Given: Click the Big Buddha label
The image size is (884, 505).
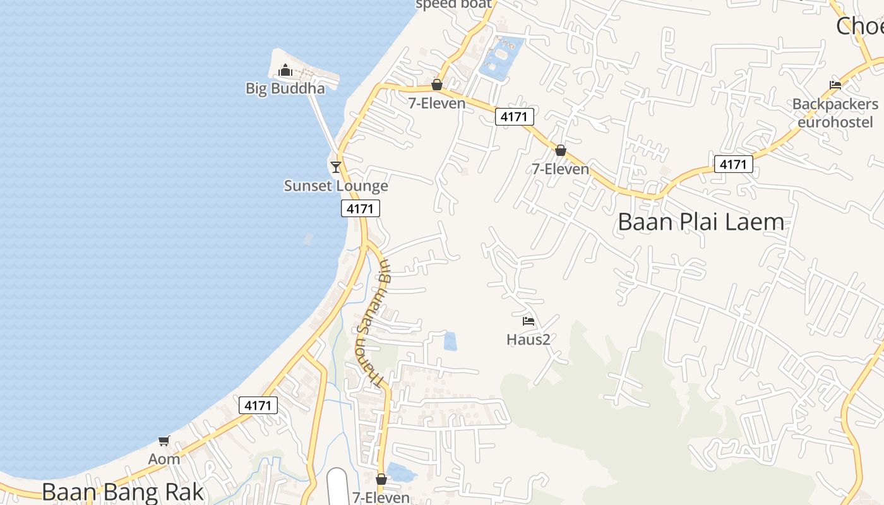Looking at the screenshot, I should tap(285, 88).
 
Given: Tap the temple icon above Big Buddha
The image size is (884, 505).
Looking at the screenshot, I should tap(285, 70).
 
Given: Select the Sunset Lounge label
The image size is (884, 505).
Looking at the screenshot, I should tap(336, 186).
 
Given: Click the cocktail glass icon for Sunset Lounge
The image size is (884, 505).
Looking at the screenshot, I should tap(336, 167).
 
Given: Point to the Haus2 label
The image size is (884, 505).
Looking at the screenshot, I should tap(529, 340).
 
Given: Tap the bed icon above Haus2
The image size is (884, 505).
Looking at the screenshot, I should tap(529, 321).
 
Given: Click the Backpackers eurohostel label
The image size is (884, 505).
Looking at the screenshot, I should tap(835, 112).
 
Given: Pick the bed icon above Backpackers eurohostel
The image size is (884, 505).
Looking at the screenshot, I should tap(835, 85).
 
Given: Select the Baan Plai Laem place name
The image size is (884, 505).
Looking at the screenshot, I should tap(701, 222).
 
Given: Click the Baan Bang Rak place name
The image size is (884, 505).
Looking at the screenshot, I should tap(123, 492).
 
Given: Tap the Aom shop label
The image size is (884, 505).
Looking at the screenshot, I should tap(164, 459).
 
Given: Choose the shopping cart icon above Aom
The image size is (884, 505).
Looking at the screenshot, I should tap(164, 441).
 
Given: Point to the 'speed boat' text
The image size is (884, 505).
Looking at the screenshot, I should tap(453, 4).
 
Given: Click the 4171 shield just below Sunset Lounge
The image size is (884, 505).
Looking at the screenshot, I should tap(361, 208).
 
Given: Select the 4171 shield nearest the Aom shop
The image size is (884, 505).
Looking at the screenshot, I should tap(258, 405).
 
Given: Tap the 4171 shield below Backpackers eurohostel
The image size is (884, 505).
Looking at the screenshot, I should tap(733, 164).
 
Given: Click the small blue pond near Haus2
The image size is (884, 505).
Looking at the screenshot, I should tap(450, 341).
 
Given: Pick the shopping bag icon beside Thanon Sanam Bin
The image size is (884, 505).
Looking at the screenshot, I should tap(381, 479).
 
